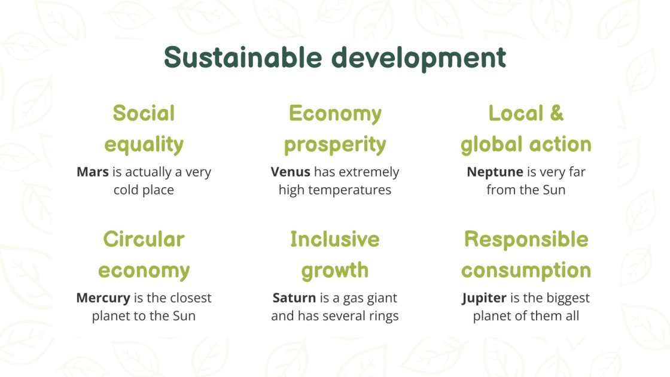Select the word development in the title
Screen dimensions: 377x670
click(x=419, y=58)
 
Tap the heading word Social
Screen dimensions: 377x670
click(x=144, y=113)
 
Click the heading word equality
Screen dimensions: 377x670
click(x=144, y=144)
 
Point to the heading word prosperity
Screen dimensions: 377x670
click(x=335, y=144)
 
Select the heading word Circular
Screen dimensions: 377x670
click(x=144, y=239)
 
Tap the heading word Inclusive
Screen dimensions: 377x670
click(x=335, y=239)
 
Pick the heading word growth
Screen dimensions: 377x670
click(x=335, y=270)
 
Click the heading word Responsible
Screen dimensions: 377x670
click(x=526, y=239)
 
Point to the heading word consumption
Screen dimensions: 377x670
click(x=526, y=270)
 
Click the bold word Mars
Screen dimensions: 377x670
click(x=92, y=172)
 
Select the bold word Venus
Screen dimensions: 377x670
click(x=290, y=172)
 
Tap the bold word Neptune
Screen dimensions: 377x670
click(x=495, y=172)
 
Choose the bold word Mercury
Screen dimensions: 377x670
click(x=103, y=297)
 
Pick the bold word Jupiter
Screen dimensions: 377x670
click(x=485, y=297)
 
